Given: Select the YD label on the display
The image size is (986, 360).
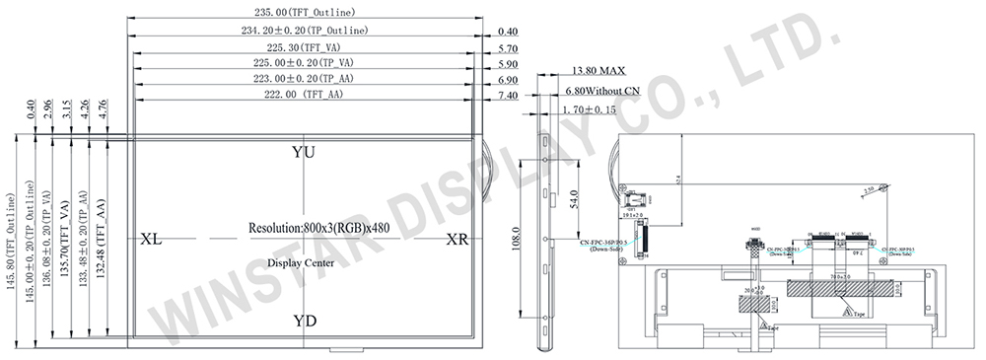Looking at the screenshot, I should [305, 321].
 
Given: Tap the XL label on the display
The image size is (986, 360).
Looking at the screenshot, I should [152, 239].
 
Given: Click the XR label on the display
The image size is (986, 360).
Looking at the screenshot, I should [458, 239].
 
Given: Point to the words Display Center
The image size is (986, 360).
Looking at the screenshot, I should [304, 263].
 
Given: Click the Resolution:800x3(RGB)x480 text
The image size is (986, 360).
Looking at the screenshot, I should [305, 227].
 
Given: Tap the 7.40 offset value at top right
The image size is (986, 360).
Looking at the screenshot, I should [508, 95].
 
